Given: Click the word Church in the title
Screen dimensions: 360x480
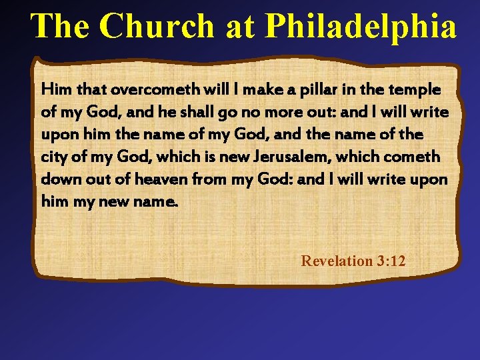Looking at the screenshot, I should coord(159,27).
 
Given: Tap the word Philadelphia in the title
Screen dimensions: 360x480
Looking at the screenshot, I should coord(361,27).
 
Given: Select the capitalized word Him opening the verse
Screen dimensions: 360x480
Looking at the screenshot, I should coord(55,89).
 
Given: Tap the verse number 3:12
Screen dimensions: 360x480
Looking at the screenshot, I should coord(390,261).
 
